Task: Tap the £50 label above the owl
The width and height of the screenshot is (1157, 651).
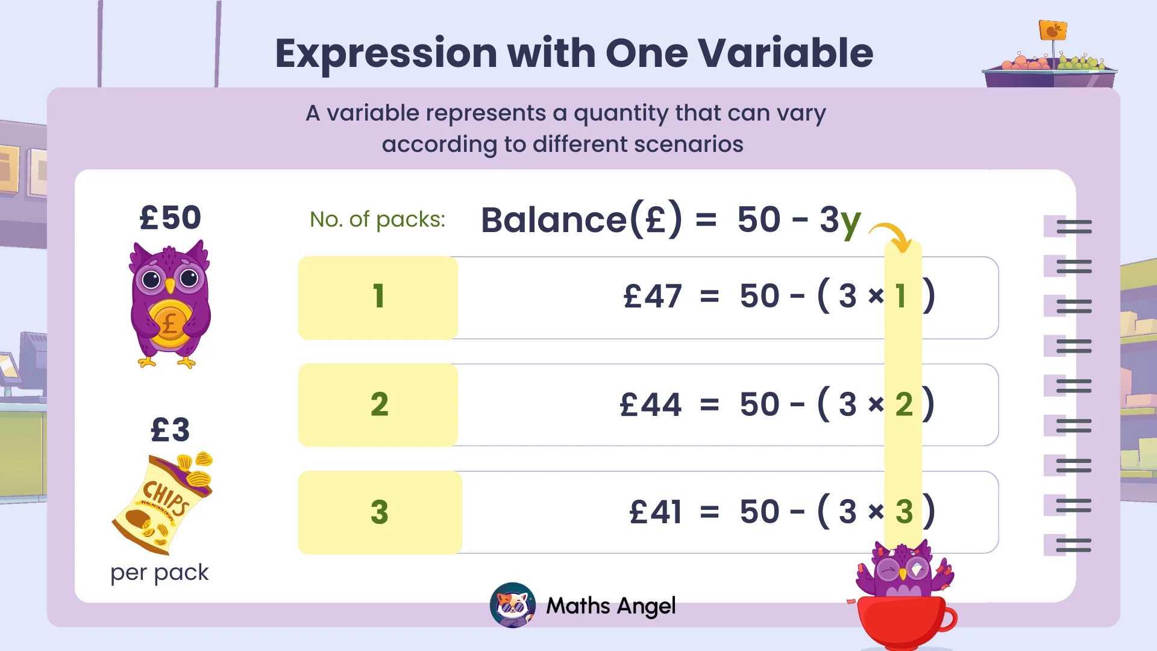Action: tap(170, 218)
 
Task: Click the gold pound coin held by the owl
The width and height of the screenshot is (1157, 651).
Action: tap(170, 324)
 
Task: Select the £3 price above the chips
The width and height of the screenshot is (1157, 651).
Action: tap(170, 430)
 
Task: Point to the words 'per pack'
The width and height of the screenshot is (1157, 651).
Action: tap(160, 573)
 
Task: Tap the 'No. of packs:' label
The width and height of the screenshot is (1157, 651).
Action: tap(377, 219)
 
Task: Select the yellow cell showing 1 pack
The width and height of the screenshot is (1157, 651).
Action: tap(378, 297)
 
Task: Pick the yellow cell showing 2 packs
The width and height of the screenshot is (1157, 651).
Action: tap(378, 404)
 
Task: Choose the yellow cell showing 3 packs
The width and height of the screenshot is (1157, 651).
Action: tap(380, 512)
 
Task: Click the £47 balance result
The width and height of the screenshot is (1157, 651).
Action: tap(653, 297)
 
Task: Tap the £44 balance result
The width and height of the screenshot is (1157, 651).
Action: tap(651, 404)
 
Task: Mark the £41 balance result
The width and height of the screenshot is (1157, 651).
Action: tap(656, 512)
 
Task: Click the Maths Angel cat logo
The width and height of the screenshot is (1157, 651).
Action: tap(513, 605)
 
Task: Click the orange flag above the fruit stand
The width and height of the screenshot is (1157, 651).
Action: tap(1053, 30)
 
